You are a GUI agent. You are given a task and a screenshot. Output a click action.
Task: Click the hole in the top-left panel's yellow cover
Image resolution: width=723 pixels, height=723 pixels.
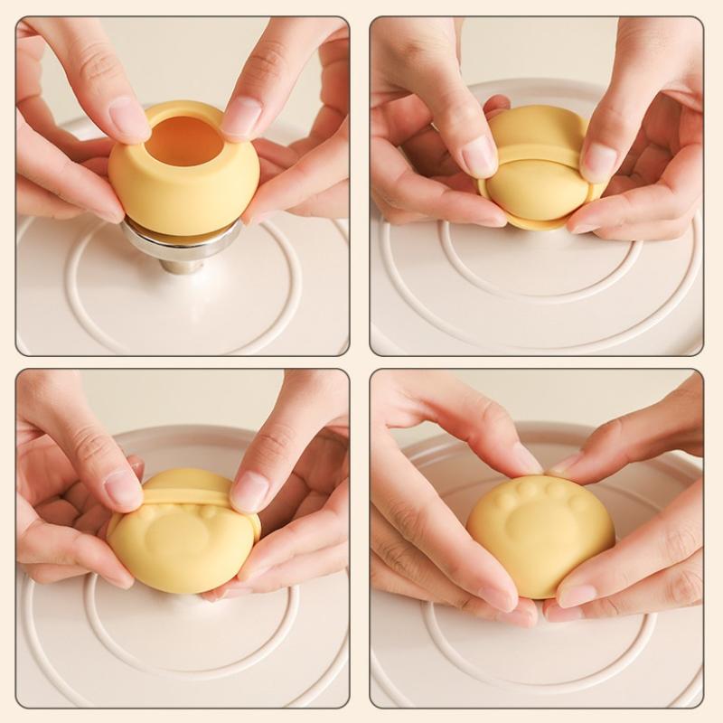pyautogui.click(x=184, y=140)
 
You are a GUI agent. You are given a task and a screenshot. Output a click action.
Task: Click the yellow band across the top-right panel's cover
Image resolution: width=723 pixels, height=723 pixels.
pyautogui.click(x=539, y=151)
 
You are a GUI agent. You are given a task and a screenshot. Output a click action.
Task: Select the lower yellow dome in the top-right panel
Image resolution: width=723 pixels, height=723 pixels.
pyautogui.click(x=537, y=192)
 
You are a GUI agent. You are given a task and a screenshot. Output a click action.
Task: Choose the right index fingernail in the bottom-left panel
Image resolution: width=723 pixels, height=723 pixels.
pyautogui.click(x=249, y=492)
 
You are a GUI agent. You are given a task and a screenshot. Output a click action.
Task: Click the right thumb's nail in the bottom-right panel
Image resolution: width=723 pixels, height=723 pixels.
pyautogui.click(x=575, y=596)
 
